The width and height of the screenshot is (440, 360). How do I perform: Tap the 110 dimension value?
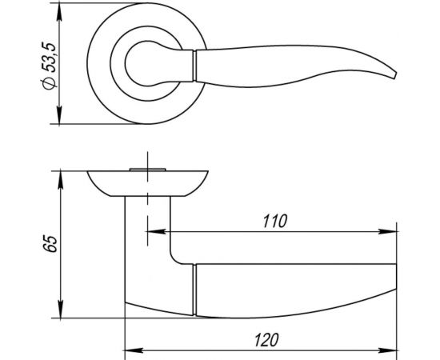coord(274,219)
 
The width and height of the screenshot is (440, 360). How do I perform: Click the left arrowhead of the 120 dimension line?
coord(130,350)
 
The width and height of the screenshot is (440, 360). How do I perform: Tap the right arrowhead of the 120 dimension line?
coord(395,350)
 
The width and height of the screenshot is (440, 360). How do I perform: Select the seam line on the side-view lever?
coord(194,288)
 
